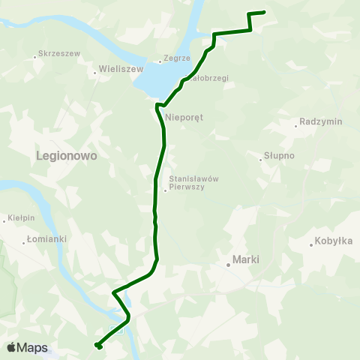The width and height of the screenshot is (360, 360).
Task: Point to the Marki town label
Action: click(x=246, y=259)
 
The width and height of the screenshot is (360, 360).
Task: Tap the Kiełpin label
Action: click(x=21, y=218)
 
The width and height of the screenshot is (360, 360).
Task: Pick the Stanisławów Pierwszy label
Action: click(x=193, y=183)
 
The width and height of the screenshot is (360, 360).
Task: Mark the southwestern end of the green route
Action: click(x=97, y=345)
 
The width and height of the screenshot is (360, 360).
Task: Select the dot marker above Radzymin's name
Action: click(x=297, y=126)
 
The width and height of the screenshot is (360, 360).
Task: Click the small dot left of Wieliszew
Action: click(x=94, y=73)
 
